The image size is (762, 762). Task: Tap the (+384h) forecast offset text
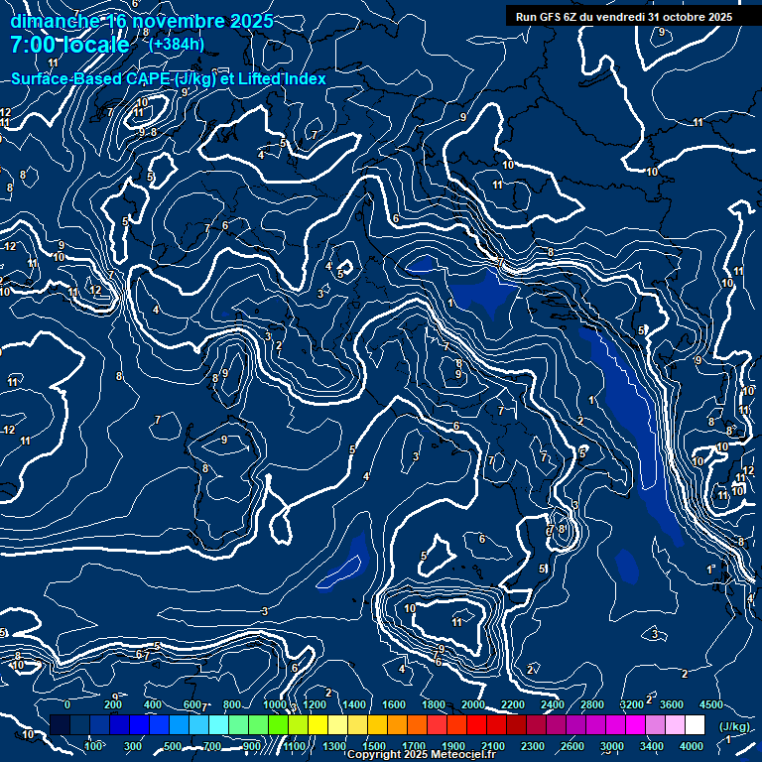(177, 44)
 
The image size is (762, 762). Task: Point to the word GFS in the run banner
(551, 17)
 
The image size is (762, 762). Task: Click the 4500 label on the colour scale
(711, 704)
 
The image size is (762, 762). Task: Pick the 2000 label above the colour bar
(474, 704)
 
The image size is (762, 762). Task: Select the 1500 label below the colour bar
(374, 746)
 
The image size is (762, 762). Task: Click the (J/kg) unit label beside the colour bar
(735, 726)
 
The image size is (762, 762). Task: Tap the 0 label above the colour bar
(67, 704)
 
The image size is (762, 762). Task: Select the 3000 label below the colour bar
(612, 746)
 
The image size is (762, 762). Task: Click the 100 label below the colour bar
(94, 746)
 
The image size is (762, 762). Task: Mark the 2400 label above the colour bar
(553, 704)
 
